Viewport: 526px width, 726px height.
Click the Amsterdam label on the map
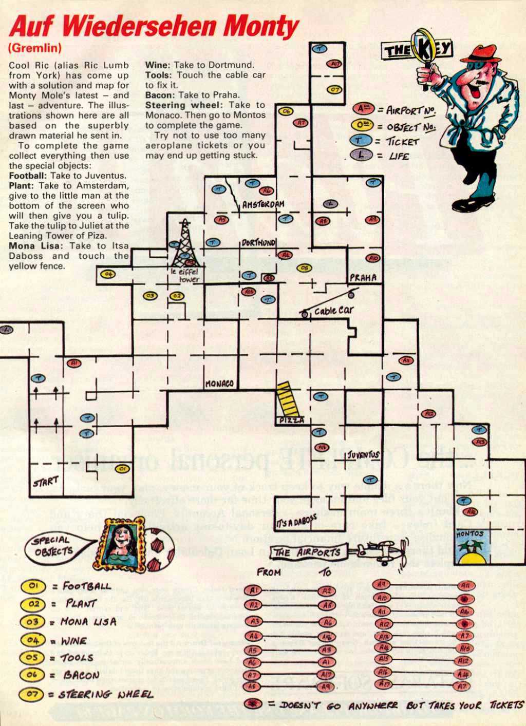pos(263,204)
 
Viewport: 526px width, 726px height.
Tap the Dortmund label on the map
pos(258,242)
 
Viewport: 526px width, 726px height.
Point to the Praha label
pos(363,278)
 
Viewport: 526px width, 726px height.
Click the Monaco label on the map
pos(219,384)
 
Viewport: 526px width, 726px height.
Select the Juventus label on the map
pos(363,454)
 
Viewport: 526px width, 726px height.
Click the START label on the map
pos(46,482)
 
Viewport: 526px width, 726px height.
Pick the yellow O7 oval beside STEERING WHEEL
pos(31,695)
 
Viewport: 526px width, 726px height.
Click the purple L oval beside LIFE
pos(364,156)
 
